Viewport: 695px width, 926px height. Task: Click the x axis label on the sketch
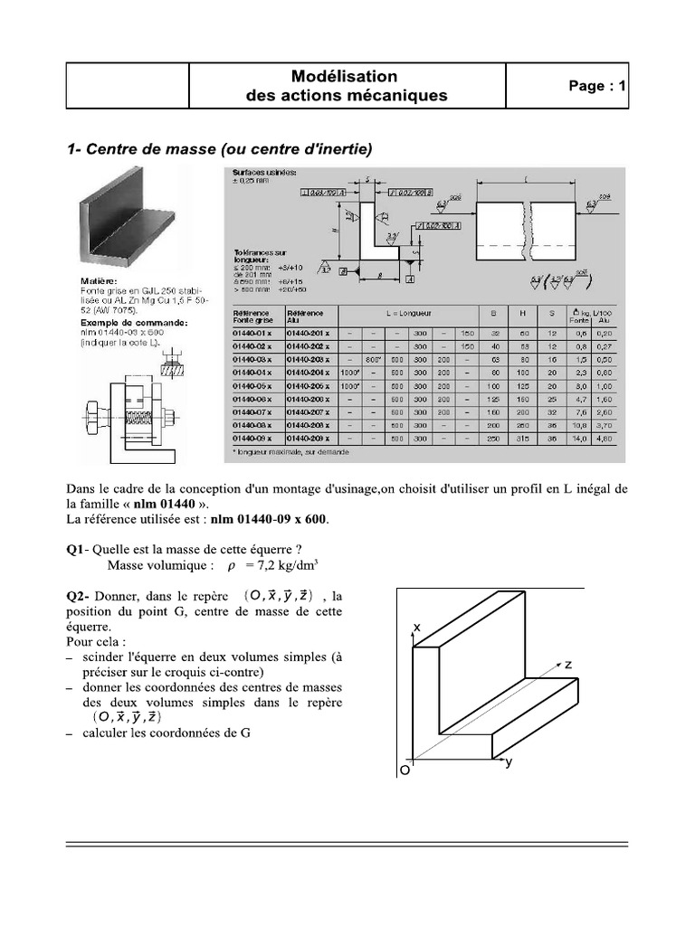point(417,627)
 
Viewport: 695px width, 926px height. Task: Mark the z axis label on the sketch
point(569,664)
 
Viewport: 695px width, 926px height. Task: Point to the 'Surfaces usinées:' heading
point(263,172)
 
